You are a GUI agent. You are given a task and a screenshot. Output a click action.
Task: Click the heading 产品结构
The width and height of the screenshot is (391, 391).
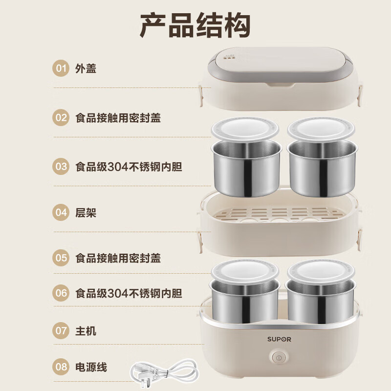(195, 25)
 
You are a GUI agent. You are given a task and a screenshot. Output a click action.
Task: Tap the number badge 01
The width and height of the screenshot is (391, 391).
(61, 68)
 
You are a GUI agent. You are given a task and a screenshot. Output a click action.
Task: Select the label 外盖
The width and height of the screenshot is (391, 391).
(86, 68)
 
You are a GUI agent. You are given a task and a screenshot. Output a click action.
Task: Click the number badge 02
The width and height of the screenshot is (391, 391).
(61, 118)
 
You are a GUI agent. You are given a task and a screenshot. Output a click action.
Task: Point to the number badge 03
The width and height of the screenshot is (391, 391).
(61, 167)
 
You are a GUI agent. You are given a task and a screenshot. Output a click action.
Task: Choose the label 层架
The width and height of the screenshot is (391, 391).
(86, 213)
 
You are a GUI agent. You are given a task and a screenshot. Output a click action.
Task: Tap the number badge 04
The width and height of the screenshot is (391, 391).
(61, 213)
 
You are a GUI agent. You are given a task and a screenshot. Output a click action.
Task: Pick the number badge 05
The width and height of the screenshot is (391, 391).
(61, 258)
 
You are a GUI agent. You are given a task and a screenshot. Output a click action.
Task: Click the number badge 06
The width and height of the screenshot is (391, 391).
(61, 293)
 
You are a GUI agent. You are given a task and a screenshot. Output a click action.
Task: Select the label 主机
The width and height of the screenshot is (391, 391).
(86, 331)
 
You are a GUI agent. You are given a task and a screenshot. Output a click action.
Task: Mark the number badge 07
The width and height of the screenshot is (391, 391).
(61, 331)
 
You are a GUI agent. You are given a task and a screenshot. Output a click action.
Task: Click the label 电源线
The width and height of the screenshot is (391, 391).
(91, 367)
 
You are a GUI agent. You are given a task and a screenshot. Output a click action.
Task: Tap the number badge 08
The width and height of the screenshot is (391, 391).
(61, 367)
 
